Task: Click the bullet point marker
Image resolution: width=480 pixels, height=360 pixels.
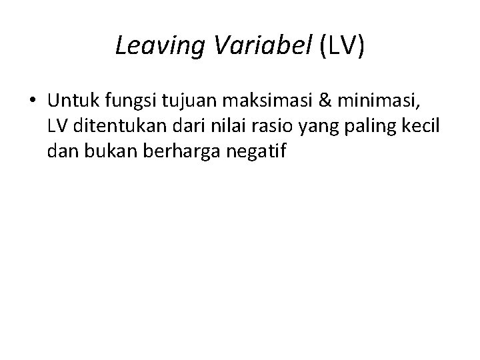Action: click(33, 100)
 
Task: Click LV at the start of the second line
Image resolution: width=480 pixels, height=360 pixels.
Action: click(58, 126)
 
